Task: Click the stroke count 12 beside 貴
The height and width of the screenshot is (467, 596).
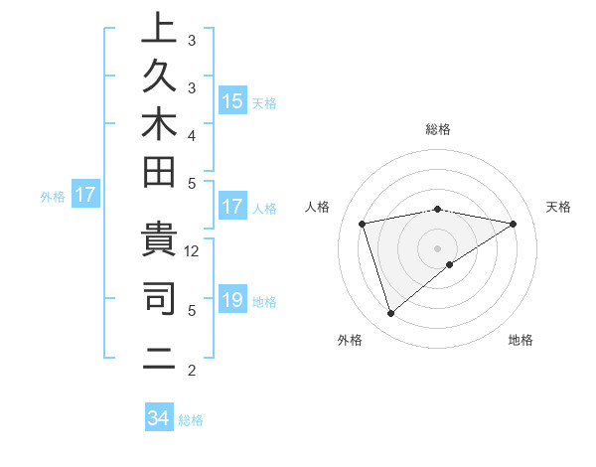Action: coord(193,250)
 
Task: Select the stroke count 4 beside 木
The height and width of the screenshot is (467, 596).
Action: coord(192,134)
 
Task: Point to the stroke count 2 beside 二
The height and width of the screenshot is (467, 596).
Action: coord(192,372)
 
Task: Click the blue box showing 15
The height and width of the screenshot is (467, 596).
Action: coord(232,101)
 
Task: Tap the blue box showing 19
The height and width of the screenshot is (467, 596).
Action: coord(232,300)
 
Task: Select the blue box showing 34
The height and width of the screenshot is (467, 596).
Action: coord(159,418)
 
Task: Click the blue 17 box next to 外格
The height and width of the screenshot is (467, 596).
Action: coord(85,196)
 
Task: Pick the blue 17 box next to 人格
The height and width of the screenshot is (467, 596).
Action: coord(232,208)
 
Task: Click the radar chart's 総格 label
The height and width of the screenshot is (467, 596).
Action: coord(437,129)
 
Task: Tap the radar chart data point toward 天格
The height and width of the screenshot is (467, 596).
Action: coord(514,224)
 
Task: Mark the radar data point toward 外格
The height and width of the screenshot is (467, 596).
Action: coord(390,314)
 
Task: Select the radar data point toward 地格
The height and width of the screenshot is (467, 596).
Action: coord(450,264)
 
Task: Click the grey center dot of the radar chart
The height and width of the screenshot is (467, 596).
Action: coord(437,247)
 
